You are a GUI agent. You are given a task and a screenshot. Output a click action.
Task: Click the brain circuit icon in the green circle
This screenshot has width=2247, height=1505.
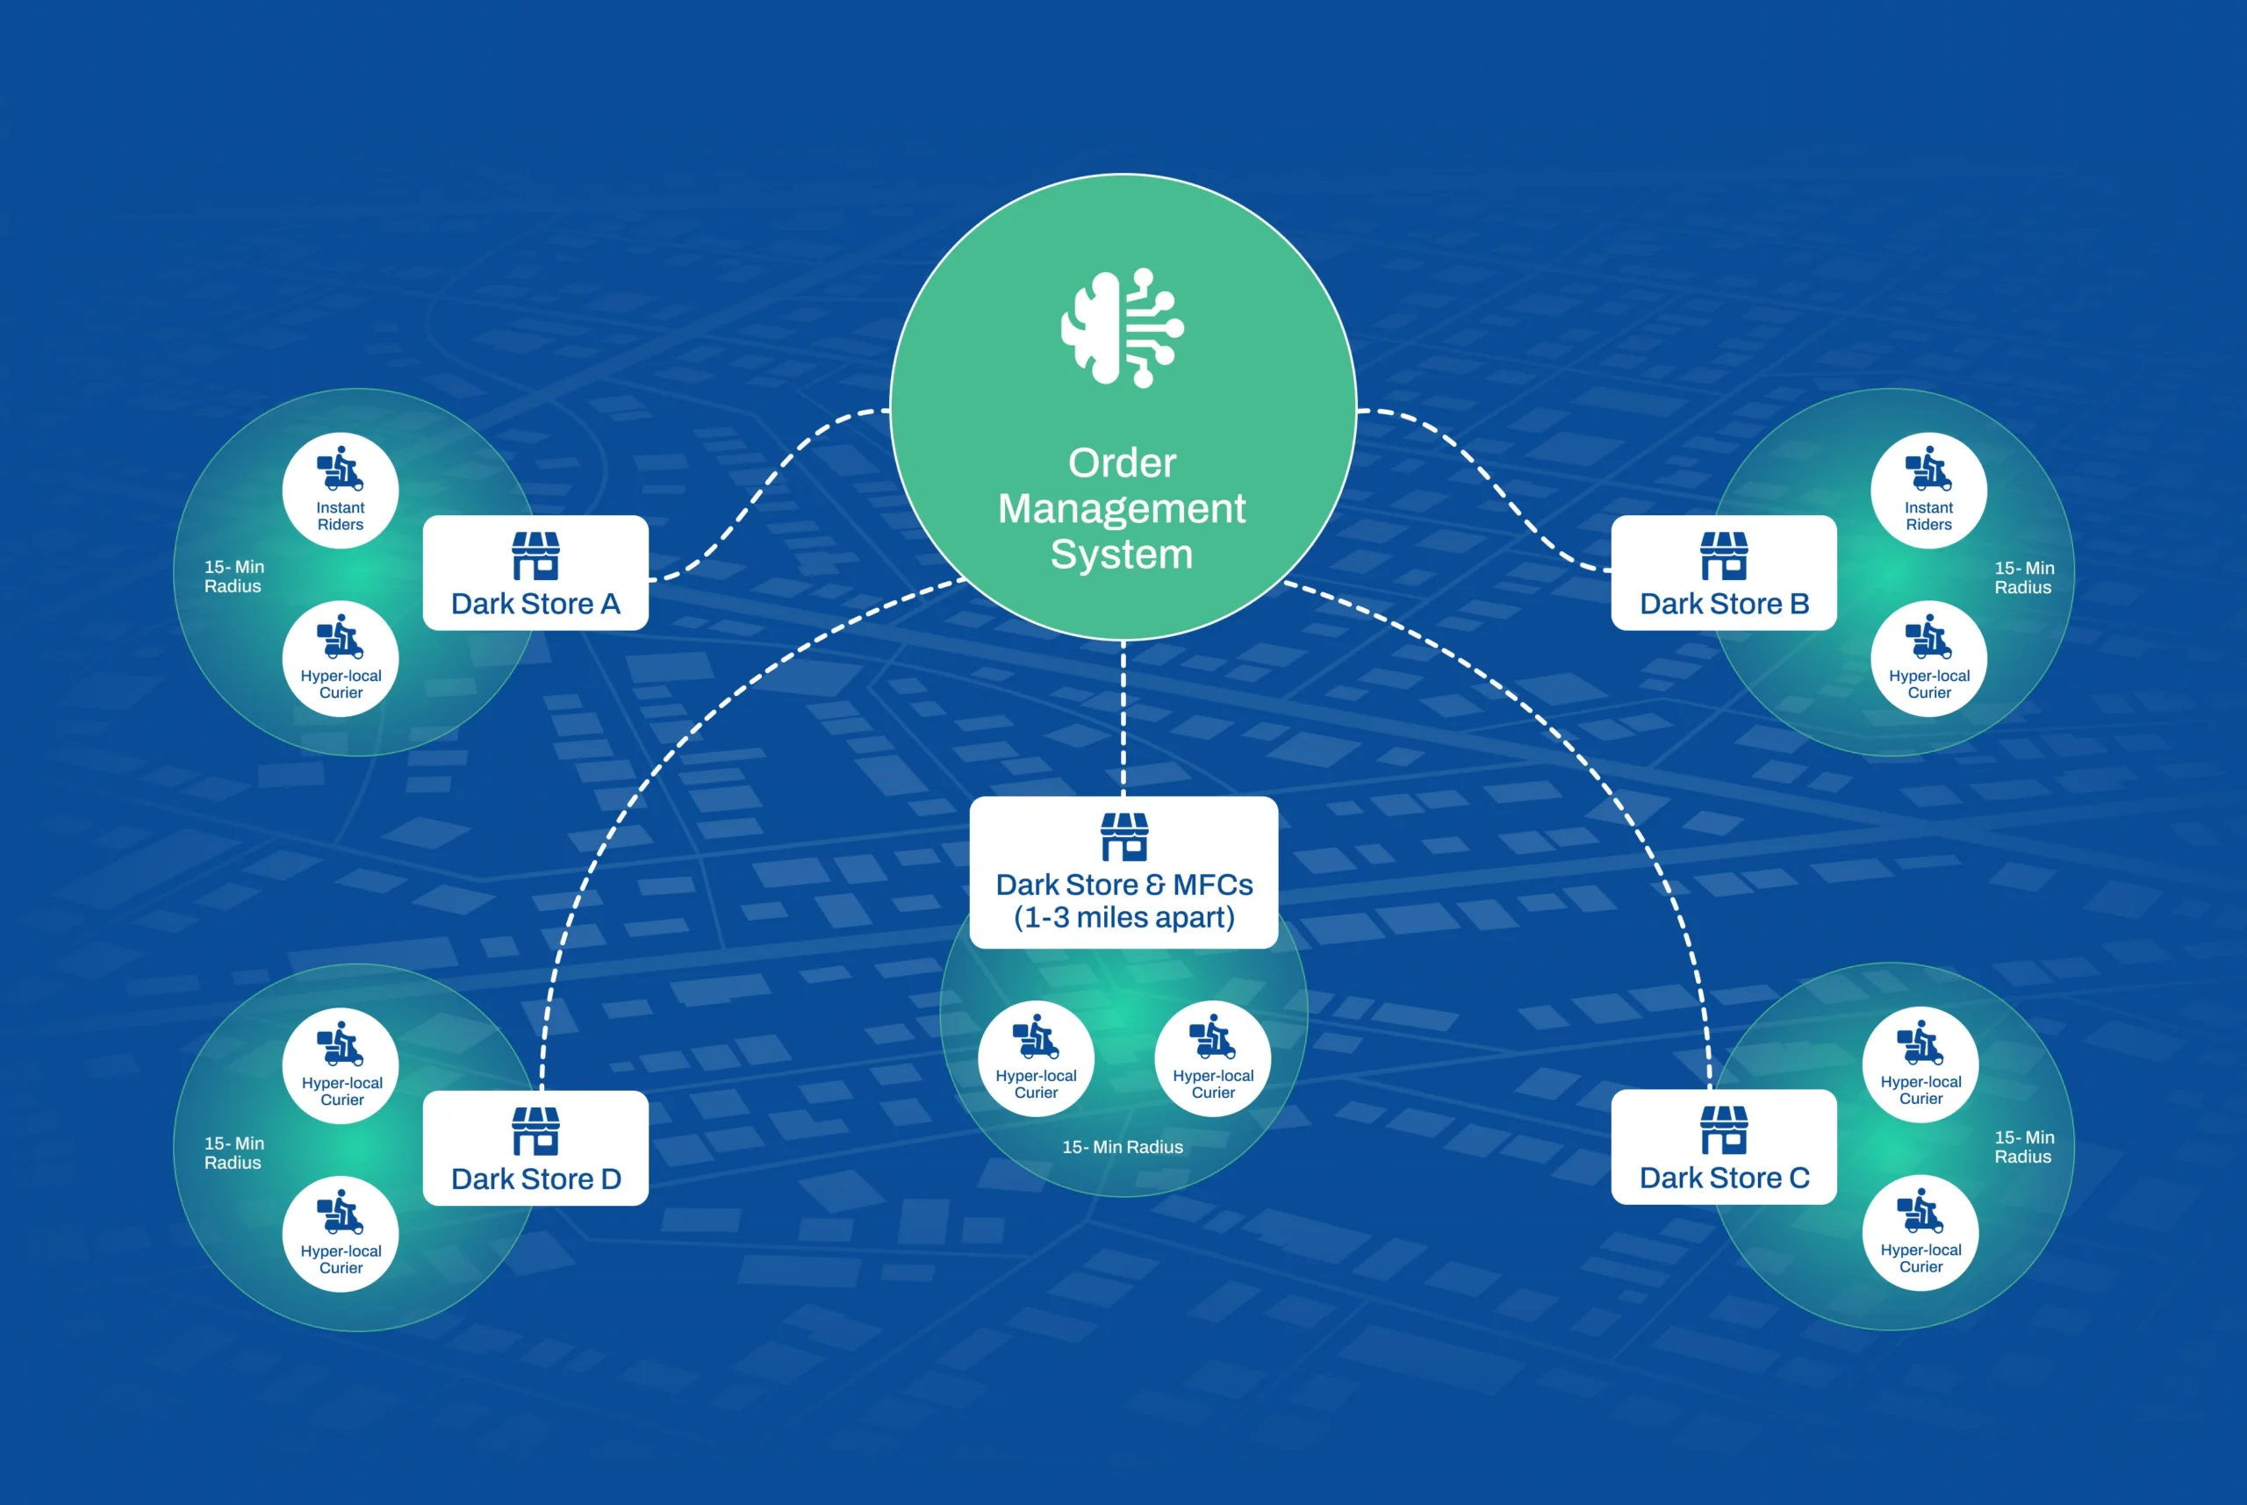1122,328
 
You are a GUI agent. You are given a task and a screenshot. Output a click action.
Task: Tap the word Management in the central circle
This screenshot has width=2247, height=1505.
1122,508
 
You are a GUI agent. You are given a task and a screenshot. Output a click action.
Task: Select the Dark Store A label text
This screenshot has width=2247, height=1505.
535,604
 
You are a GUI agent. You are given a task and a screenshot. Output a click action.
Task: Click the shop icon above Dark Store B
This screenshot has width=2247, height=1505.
1724,556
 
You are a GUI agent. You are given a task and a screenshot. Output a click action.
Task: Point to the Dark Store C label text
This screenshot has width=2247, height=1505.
1724,1178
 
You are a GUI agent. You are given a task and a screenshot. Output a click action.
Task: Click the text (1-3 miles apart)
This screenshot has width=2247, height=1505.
1124,918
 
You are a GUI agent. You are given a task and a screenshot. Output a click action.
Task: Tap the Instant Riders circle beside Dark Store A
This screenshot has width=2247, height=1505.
341,491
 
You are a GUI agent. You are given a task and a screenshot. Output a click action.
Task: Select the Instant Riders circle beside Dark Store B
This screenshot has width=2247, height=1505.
1928,491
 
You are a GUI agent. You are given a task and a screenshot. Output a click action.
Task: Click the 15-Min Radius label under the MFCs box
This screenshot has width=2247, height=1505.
1123,1147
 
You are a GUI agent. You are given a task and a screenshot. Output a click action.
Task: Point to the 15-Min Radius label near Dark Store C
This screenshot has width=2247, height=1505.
2024,1147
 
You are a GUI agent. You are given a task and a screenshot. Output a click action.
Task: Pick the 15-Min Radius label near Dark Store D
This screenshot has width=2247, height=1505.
234,1153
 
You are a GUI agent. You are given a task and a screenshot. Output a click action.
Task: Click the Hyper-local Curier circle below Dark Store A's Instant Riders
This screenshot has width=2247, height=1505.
341,658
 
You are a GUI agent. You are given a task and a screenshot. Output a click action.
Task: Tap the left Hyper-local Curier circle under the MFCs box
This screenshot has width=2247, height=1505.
1036,1058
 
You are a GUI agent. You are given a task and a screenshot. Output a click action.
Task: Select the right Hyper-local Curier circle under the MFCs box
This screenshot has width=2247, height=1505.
1213,1058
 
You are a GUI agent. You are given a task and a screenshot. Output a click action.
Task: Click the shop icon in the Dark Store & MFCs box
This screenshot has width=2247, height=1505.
1124,837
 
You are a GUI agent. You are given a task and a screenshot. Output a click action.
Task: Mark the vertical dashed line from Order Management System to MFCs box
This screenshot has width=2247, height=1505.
1123,718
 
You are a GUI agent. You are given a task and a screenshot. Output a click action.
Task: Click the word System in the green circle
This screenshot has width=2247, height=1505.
1122,555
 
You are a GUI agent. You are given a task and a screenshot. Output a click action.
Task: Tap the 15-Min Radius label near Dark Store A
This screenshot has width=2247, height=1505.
234,577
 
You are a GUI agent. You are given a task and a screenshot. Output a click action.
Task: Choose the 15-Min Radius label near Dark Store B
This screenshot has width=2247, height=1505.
2024,577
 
